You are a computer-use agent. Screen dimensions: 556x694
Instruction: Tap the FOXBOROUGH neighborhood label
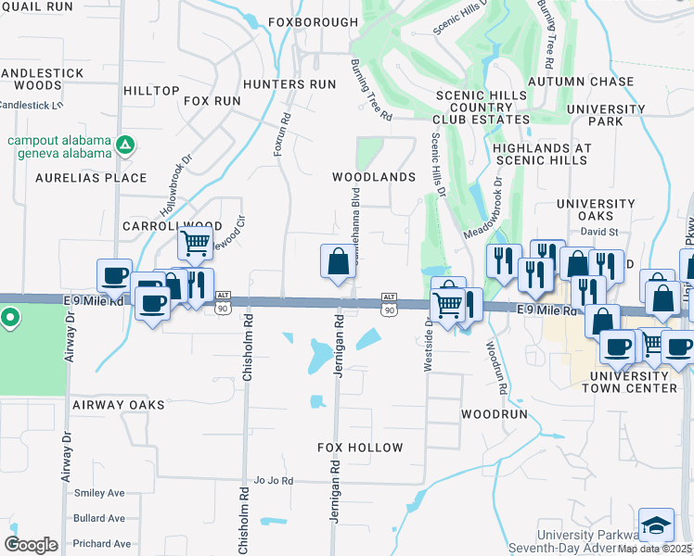313,21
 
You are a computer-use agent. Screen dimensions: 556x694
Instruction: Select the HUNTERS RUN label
289,84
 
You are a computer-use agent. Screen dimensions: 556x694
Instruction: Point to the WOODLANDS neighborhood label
374,176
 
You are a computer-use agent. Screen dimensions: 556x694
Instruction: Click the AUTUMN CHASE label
581,82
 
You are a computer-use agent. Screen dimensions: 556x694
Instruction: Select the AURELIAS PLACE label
91,177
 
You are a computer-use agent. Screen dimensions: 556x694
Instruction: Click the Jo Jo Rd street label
274,481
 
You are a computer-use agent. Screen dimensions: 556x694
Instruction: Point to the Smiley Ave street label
98,493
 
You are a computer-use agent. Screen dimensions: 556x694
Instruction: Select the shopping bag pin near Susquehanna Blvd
337,261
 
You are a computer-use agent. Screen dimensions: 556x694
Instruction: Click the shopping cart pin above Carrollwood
195,244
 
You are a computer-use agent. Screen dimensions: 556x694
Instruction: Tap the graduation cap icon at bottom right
656,524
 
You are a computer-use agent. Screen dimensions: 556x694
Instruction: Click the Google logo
31,545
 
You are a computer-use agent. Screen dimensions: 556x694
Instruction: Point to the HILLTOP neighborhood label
151,90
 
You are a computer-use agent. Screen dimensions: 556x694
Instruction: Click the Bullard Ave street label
99,518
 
